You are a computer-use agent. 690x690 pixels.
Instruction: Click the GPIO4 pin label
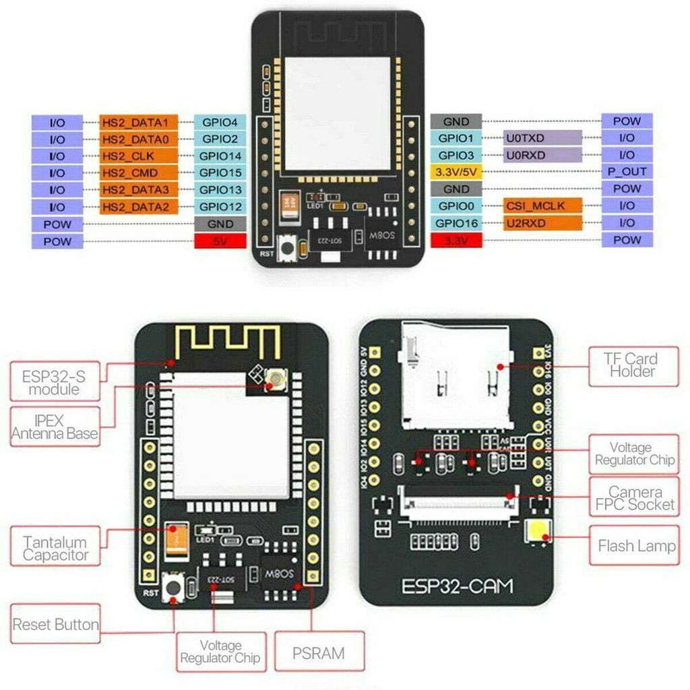pos(220,123)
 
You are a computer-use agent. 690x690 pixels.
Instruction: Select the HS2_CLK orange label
pos(138,156)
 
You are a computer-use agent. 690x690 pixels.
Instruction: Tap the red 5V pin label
pos(220,241)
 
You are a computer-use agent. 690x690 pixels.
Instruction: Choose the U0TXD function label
pos(542,138)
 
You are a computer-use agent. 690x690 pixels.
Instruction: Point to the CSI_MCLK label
pos(542,206)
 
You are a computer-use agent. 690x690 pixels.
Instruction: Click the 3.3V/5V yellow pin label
pos(456,172)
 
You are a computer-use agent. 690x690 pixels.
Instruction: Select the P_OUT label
pos(627,172)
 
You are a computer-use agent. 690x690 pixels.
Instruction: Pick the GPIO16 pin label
pos(456,222)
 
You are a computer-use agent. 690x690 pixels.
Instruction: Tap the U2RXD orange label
pos(542,222)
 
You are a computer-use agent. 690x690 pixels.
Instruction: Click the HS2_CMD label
pos(138,173)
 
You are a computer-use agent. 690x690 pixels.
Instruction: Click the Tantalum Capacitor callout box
pos(55,547)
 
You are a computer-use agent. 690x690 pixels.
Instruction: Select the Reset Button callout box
pos(55,625)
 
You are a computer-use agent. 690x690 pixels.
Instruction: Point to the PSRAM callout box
pos(319,652)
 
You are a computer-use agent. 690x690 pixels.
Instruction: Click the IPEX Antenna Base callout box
pos(55,426)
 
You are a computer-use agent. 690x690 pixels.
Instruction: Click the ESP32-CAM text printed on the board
pos(457,586)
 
